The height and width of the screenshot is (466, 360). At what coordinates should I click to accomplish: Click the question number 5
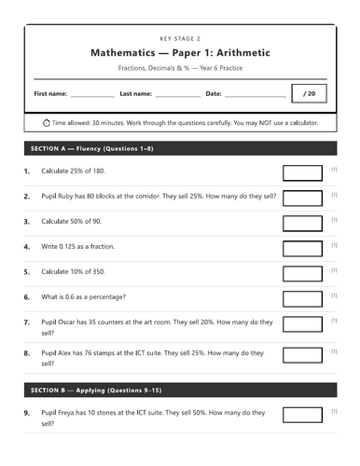click(x=27, y=272)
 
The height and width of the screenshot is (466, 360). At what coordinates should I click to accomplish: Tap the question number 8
click(x=27, y=354)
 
